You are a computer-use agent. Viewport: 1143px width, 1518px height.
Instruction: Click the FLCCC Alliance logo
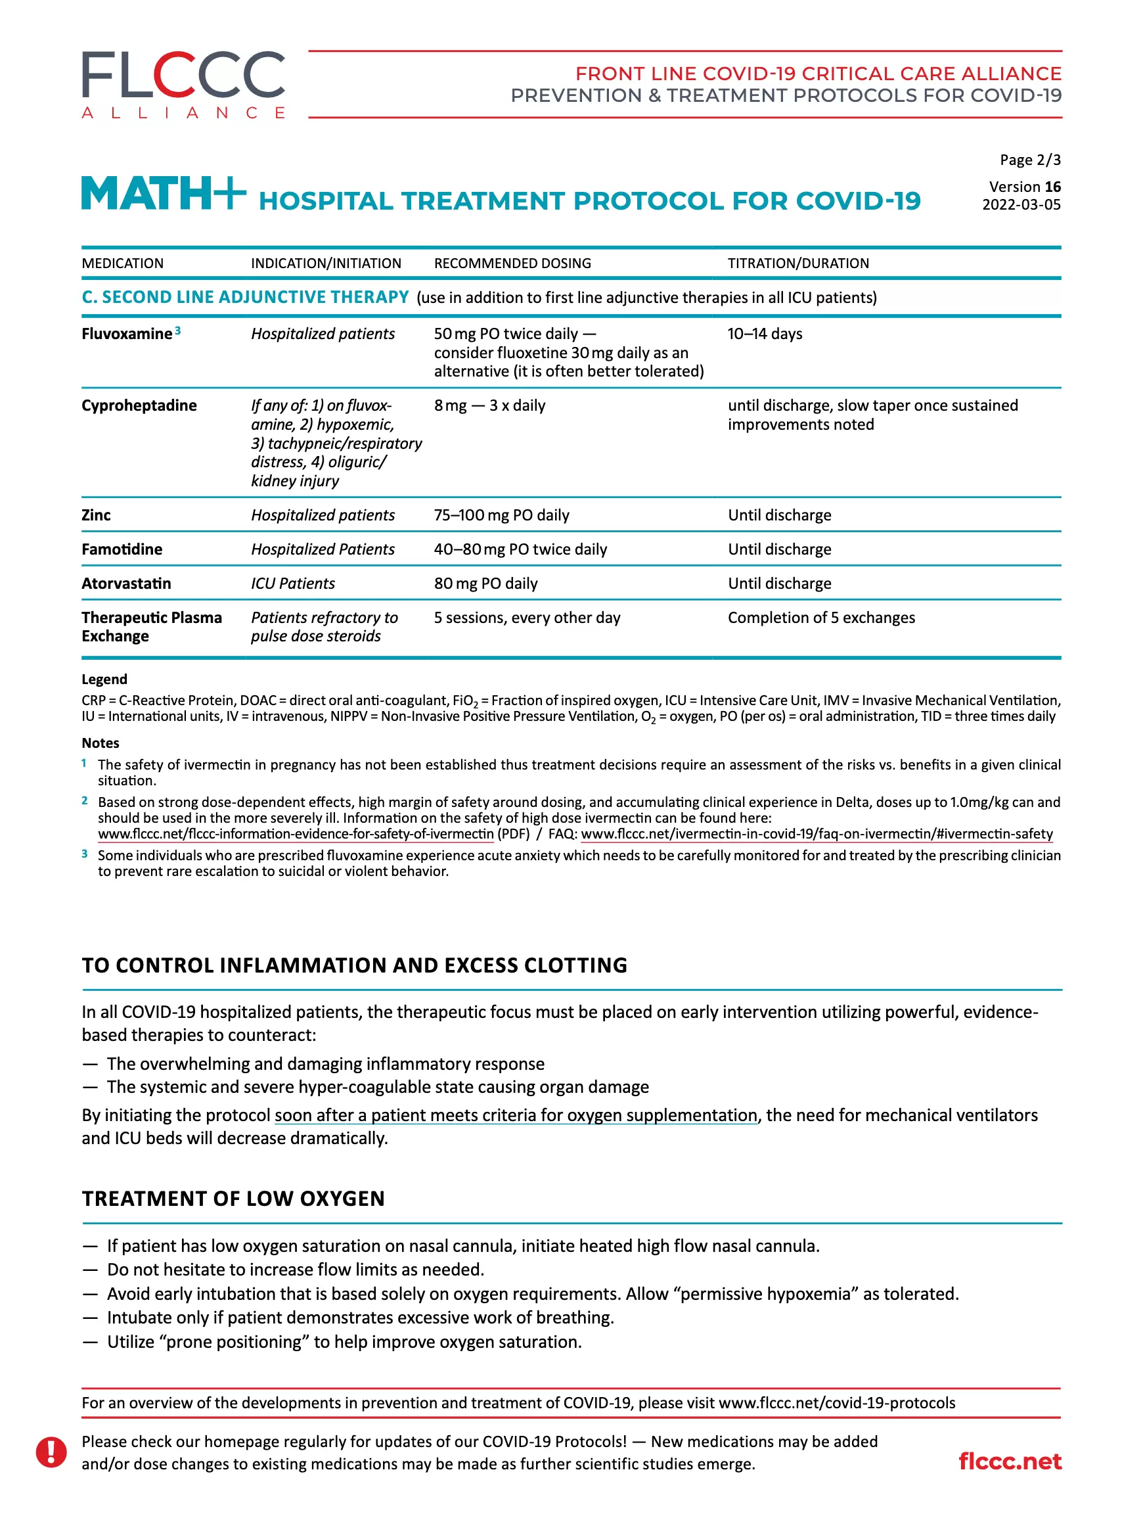point(183,83)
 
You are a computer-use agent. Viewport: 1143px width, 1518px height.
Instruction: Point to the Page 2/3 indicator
point(1029,160)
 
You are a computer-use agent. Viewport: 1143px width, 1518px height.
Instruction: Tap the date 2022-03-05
point(1021,204)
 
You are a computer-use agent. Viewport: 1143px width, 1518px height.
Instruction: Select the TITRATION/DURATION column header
point(798,263)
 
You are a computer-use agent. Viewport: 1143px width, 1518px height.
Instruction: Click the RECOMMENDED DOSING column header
point(512,263)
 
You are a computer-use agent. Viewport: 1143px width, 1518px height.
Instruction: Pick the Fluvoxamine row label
point(127,334)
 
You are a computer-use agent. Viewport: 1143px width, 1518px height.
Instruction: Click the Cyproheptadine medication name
point(139,405)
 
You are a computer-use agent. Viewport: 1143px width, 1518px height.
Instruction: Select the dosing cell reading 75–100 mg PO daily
point(501,515)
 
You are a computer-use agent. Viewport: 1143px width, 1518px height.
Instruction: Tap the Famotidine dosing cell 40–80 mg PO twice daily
point(520,549)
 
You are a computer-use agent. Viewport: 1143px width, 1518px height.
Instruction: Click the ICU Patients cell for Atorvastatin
point(293,584)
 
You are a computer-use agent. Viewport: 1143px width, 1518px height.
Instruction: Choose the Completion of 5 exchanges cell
point(820,618)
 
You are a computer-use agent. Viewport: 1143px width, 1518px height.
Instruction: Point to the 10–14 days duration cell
point(764,334)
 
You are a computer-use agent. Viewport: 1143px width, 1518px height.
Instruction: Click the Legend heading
point(104,679)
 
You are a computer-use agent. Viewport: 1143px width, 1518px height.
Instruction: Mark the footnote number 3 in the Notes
point(84,854)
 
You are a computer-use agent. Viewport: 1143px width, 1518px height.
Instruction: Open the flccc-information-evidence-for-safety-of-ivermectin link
point(296,834)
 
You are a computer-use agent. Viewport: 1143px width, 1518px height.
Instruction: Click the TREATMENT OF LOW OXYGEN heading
point(233,1198)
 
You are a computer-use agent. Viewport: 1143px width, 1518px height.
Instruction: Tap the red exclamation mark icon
point(51,1452)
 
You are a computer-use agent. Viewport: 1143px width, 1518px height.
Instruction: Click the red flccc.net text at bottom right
point(1009,1461)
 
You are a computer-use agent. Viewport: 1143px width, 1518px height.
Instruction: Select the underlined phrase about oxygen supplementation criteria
point(516,1115)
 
